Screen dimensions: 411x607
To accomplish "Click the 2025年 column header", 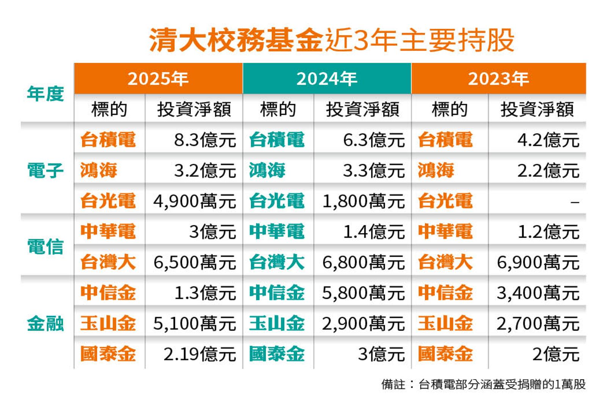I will point(158,79).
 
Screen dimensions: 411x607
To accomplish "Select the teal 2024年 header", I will point(327,79).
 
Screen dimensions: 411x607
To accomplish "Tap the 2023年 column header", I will point(498,79).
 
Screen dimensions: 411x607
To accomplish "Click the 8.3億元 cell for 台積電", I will point(205,140).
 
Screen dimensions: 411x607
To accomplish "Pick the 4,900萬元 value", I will point(194,201).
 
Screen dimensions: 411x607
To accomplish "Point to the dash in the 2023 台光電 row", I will point(575,202).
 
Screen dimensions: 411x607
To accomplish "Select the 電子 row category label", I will point(45,171).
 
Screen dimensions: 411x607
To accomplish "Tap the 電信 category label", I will point(45,247).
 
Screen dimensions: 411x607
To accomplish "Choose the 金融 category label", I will point(45,324).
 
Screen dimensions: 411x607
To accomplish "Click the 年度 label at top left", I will point(45,94).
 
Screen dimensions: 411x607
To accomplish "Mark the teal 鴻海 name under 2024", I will point(267,171).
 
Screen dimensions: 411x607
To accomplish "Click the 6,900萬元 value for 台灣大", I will point(538,262).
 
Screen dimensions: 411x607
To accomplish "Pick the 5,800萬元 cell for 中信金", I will point(363,293).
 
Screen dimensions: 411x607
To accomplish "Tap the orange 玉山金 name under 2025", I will point(108,324).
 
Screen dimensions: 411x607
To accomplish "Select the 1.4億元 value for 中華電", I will point(374,232).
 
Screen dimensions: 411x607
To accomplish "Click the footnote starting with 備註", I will point(483,384).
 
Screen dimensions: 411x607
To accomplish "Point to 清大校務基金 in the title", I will point(236,40).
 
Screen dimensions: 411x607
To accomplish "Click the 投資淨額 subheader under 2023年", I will point(537,109).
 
